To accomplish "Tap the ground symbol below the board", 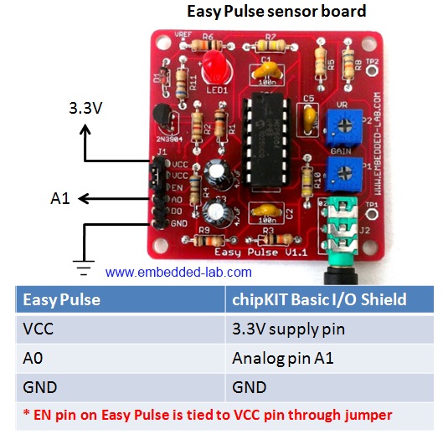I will pyautogui.click(x=83, y=266).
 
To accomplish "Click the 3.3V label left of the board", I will pyautogui.click(x=85, y=108).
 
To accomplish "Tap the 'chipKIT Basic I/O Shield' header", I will pyautogui.click(x=319, y=299).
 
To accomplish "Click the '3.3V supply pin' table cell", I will pyautogui.click(x=288, y=329).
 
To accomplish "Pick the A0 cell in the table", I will pyautogui.click(x=34, y=358).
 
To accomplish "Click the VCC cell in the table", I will pyautogui.click(x=39, y=329).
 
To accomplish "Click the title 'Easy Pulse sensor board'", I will pyautogui.click(x=276, y=12).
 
